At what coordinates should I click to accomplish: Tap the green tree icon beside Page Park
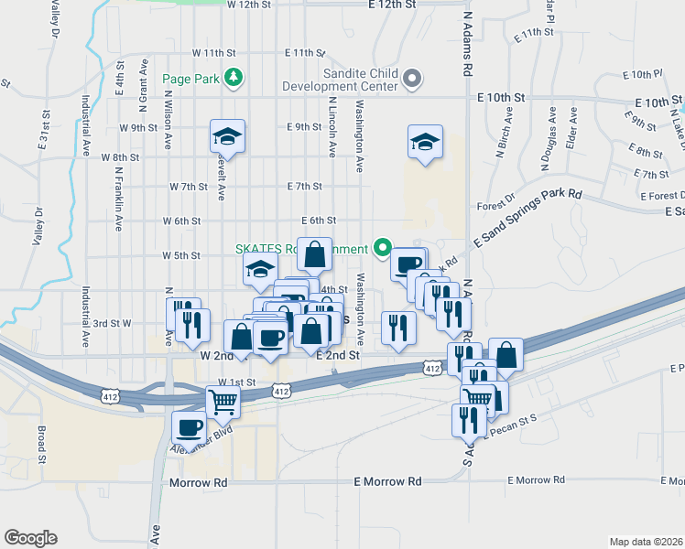[235, 78]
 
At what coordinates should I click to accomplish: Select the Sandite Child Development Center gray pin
[411, 80]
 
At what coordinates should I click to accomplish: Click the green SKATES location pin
[383, 248]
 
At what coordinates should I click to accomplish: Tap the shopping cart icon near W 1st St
[223, 400]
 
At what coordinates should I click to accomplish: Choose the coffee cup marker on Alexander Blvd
[190, 426]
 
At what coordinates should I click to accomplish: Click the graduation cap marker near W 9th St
[227, 137]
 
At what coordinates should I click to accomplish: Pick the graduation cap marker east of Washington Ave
[424, 142]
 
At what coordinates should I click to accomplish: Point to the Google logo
[30, 538]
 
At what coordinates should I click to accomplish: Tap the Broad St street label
[41, 444]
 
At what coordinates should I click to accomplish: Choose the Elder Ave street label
[572, 128]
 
